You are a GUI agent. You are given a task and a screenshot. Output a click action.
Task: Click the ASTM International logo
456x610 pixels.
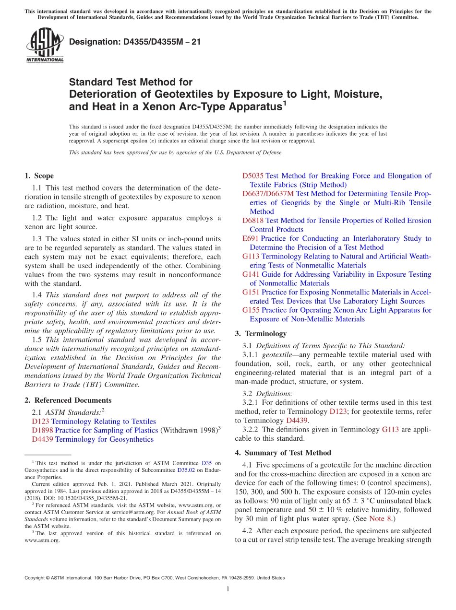pyautogui.click(x=45, y=45)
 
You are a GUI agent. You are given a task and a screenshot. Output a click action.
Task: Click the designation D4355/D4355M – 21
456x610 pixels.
pyautogui.click(x=135, y=42)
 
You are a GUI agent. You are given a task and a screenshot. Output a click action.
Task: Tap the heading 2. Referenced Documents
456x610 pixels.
pyautogui.click(x=68, y=400)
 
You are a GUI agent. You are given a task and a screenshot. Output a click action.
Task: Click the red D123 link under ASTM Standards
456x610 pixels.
pyautogui.click(x=40, y=422)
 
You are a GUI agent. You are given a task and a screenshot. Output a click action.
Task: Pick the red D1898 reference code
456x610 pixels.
pyautogui.click(x=42, y=431)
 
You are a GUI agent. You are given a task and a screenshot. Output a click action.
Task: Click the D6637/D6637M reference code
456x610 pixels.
pyautogui.click(x=268, y=194)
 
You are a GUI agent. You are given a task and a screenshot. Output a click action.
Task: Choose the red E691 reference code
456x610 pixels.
pyautogui.click(x=251, y=238)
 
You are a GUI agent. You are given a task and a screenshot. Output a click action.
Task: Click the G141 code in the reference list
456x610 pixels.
pyautogui.click(x=251, y=274)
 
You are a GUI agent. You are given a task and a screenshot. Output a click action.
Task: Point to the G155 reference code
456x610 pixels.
pyautogui.click(x=251, y=310)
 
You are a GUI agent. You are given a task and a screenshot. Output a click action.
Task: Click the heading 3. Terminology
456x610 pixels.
pyautogui.click(x=261, y=334)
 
